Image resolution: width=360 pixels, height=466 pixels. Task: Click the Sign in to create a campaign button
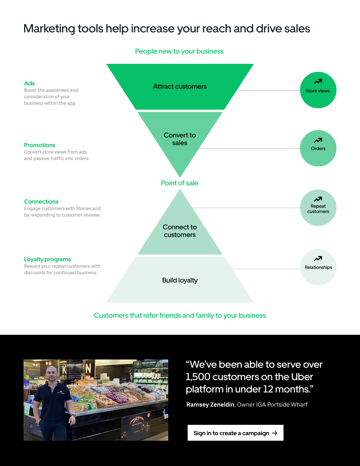point(235,433)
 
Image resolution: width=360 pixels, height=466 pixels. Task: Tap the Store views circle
point(318,90)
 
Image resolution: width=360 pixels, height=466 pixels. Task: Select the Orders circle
point(318,148)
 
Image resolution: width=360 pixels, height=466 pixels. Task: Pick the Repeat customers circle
point(318,208)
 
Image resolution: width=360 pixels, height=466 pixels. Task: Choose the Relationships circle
point(318,267)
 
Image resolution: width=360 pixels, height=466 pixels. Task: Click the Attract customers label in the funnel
point(180,86)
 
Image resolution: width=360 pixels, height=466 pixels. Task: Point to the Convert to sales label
point(180,139)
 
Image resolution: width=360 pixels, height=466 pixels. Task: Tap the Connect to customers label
point(180,231)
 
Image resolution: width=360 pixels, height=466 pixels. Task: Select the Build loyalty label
point(180,280)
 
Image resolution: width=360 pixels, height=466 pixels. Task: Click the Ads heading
point(29,83)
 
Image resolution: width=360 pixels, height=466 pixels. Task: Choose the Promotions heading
point(40,145)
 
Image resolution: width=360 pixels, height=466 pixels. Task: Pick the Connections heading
point(41,202)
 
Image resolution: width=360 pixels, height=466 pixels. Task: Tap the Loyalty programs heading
point(47,259)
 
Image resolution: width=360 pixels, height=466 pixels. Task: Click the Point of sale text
point(179,183)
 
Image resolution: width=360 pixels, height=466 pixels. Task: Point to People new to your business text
point(179,51)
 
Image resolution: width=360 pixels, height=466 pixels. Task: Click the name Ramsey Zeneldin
point(210,405)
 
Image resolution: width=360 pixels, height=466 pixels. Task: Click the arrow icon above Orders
point(318,140)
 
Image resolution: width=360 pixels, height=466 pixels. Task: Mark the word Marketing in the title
point(49,29)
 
